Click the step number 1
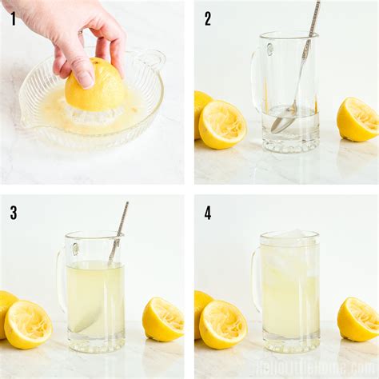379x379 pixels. coord(13,18)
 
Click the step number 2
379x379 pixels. coord(208,18)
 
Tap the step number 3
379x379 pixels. coord(14,213)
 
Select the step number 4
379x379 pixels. coord(208,213)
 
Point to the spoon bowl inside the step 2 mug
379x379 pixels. coord(282,122)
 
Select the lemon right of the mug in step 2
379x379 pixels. coord(357,119)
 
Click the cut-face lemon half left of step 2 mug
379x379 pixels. coord(222,124)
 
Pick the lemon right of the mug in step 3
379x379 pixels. coord(162,318)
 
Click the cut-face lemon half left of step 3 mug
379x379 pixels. coord(28,323)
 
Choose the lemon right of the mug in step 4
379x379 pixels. coord(357,318)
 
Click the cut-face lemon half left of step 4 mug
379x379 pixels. coord(222,323)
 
